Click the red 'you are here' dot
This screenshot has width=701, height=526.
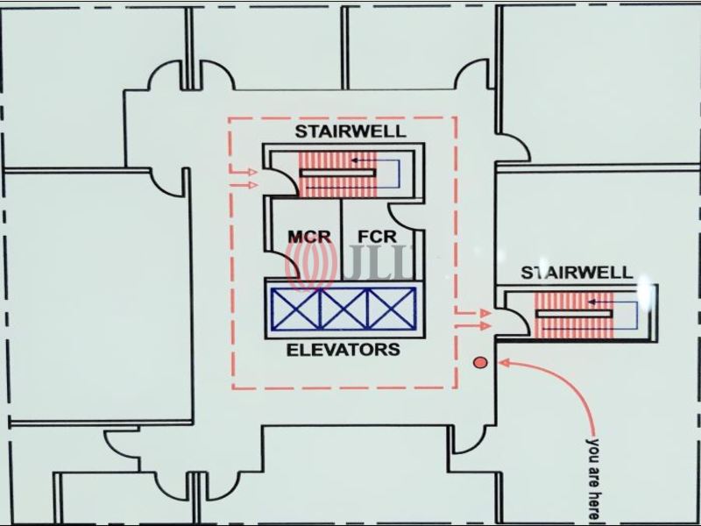(x=478, y=362)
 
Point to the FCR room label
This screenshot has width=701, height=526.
(x=377, y=237)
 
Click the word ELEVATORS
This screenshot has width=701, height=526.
(x=343, y=350)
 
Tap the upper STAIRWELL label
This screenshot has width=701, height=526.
(x=350, y=132)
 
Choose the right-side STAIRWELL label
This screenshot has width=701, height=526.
(x=577, y=272)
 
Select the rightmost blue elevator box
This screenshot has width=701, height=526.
(x=393, y=309)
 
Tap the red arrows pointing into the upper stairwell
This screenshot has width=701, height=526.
(x=244, y=178)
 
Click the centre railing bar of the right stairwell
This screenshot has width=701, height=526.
(x=573, y=314)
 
